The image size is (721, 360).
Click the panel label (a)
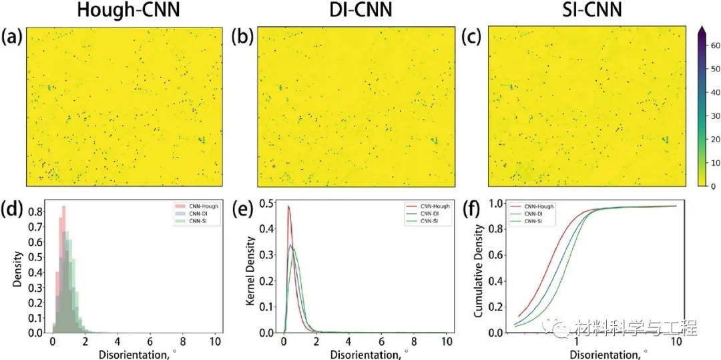click(x=13, y=37)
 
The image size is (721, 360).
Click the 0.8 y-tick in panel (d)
click(x=40, y=213)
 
